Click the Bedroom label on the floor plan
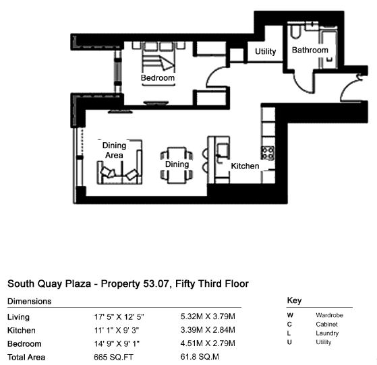pyautogui.click(x=158, y=78)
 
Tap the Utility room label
pyautogui.click(x=266, y=51)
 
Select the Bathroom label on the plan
pyautogui.click(x=310, y=50)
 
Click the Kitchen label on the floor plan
pyautogui.click(x=245, y=166)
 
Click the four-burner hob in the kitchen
pyautogui.click(x=268, y=153)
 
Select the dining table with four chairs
pyautogui.click(x=177, y=165)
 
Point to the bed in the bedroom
pyautogui.click(x=158, y=57)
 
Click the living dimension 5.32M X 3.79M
pyautogui.click(x=208, y=317)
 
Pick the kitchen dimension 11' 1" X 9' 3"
pyautogui.click(x=117, y=331)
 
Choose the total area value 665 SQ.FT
pyautogui.click(x=113, y=358)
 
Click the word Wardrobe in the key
pyautogui.click(x=329, y=315)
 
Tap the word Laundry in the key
pyautogui.click(x=327, y=333)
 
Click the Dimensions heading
pyautogui.click(x=29, y=302)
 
